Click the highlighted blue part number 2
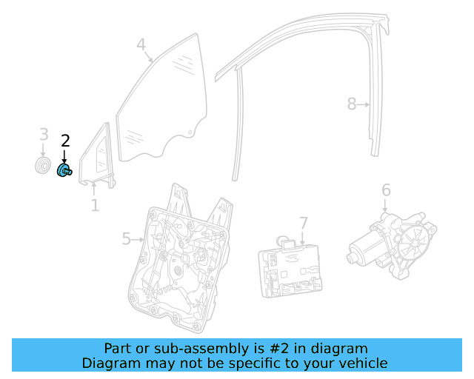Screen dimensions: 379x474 click(x=64, y=171)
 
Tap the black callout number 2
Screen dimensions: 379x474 click(x=65, y=141)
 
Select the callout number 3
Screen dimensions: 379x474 click(x=44, y=135)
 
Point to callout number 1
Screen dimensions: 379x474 click(x=95, y=205)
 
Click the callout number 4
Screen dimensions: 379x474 click(x=141, y=46)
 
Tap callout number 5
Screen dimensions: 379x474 click(x=126, y=238)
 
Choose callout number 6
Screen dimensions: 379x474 click(x=386, y=191)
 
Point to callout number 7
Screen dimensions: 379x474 click(x=304, y=223)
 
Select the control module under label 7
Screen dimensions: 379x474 click(x=290, y=269)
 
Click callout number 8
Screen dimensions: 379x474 click(x=352, y=104)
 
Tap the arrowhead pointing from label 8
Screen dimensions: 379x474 click(x=367, y=105)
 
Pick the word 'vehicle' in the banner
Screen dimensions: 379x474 click(x=361, y=363)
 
